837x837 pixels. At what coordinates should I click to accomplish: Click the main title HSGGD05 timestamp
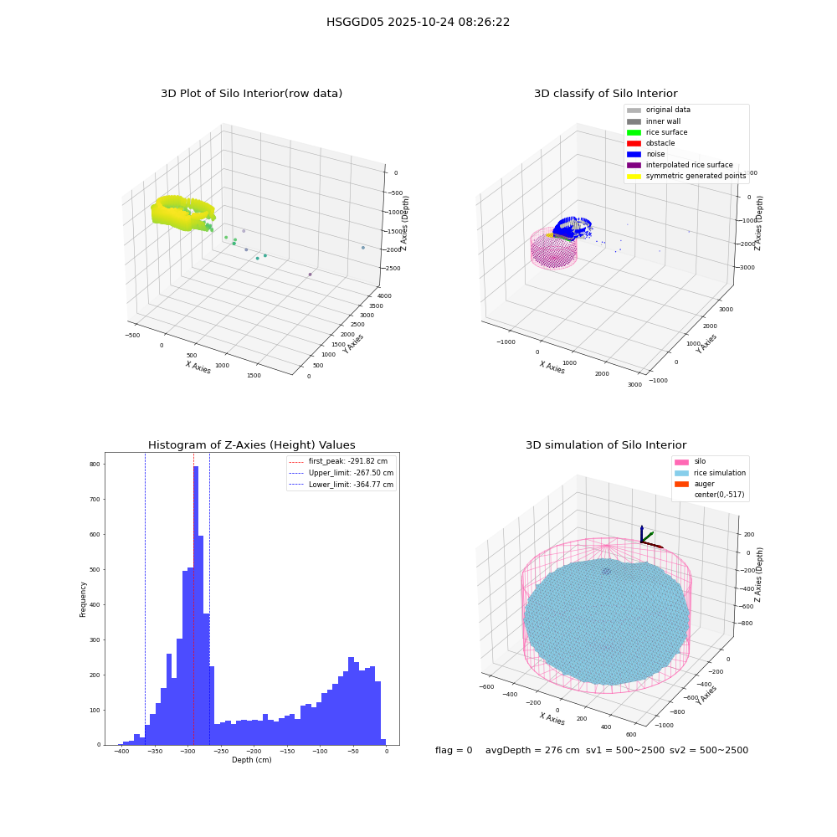pos(418,22)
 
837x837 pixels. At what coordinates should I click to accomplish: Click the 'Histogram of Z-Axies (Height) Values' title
pos(251,444)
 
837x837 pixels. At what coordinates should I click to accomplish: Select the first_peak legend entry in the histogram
pos(338,461)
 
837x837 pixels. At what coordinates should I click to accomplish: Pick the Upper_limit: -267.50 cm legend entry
pos(341,473)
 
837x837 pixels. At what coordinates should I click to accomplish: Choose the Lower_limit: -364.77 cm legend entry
pos(341,485)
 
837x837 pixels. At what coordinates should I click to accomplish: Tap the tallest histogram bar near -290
pos(196,605)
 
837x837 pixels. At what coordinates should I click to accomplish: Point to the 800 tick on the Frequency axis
pos(95,465)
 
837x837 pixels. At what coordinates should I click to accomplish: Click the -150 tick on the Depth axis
pos(287,751)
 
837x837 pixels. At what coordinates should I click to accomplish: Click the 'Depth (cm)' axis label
pos(251,760)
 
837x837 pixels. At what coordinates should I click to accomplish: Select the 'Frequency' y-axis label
pos(83,599)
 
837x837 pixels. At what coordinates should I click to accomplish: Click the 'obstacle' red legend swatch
pos(634,143)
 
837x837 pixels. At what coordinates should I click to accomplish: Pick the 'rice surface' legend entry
pos(657,132)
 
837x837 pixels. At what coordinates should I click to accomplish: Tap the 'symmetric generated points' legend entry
pos(686,176)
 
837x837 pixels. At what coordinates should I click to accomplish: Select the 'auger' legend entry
pos(695,484)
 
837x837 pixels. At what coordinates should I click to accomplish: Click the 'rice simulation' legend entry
pos(710,473)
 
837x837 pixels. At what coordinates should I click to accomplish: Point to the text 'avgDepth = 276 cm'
pos(532,750)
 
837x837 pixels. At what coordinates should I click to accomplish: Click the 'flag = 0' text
pos(454,750)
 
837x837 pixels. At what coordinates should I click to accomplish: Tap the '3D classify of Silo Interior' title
pos(606,94)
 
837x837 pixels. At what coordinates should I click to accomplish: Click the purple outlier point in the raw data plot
pos(310,275)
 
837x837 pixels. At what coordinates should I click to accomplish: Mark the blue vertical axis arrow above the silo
pos(642,534)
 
